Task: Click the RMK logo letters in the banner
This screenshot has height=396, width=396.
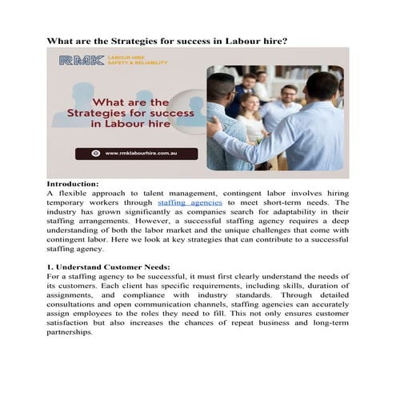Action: click(x=80, y=60)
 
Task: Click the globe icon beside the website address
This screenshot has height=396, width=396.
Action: click(x=108, y=152)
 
